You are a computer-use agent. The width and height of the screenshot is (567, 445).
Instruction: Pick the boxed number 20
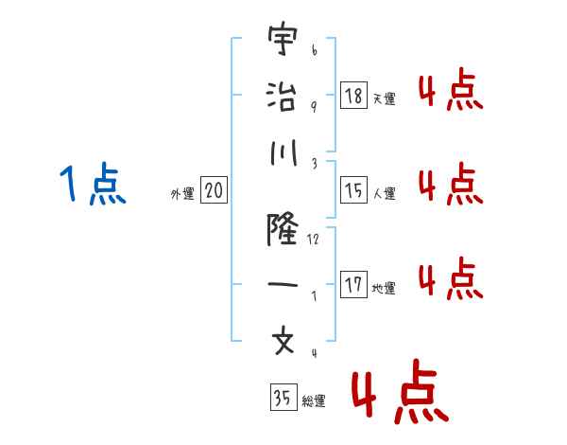pyautogui.click(x=214, y=190)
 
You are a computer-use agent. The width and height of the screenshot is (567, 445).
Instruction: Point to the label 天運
pyautogui.click(x=384, y=98)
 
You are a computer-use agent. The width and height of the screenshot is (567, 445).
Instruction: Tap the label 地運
pyautogui.click(x=384, y=288)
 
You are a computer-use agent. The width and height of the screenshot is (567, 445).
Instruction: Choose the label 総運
pyautogui.click(x=314, y=401)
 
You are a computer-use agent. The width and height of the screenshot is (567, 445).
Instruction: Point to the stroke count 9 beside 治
pyautogui.click(x=314, y=106)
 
